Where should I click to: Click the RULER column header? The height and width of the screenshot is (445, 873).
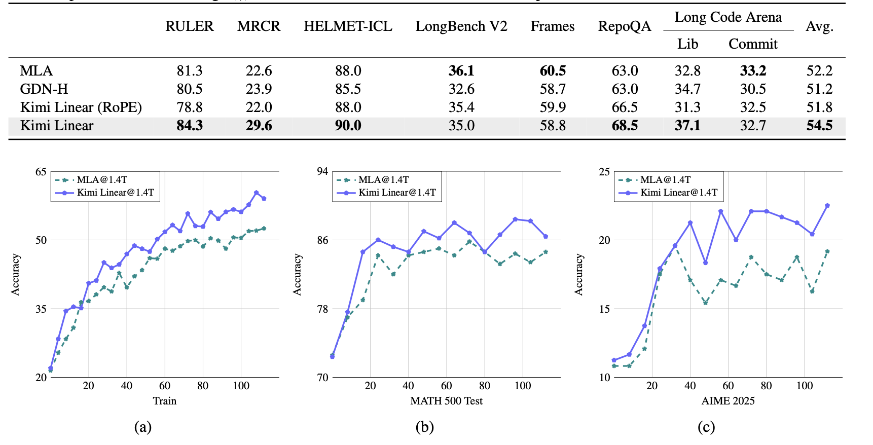[x=189, y=26]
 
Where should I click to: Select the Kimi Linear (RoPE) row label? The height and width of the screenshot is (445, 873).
[x=81, y=107]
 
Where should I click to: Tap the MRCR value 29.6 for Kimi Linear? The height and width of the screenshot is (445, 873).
[x=259, y=126]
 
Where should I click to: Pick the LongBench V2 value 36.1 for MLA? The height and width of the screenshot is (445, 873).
[x=461, y=71]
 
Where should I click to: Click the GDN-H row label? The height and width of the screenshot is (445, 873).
[x=44, y=89]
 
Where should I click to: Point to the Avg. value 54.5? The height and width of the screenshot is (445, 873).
[x=819, y=126]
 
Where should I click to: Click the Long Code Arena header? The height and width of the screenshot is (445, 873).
[x=728, y=17]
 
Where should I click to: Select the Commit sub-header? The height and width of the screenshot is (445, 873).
[x=752, y=44]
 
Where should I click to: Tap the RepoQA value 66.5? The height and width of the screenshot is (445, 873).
[x=624, y=107]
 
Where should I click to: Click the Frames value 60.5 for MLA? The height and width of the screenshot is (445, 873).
[x=552, y=71]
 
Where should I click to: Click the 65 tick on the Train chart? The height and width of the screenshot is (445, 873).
[x=41, y=172]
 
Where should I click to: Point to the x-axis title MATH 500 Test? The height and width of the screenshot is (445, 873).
[x=446, y=401]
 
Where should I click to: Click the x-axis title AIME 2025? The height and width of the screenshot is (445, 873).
[x=728, y=401]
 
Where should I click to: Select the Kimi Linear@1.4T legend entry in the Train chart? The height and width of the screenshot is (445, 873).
[x=115, y=193]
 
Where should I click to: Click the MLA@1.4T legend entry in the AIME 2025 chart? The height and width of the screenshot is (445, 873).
[x=665, y=180]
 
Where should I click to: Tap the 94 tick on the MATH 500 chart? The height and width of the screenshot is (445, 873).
[x=322, y=172]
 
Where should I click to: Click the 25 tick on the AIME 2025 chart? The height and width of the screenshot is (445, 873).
[x=604, y=172]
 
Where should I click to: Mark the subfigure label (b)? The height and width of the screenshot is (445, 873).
[x=424, y=427]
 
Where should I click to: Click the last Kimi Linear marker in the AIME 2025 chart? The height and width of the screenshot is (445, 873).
[x=827, y=205]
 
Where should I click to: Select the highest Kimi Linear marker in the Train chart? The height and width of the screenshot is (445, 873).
[x=256, y=193]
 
